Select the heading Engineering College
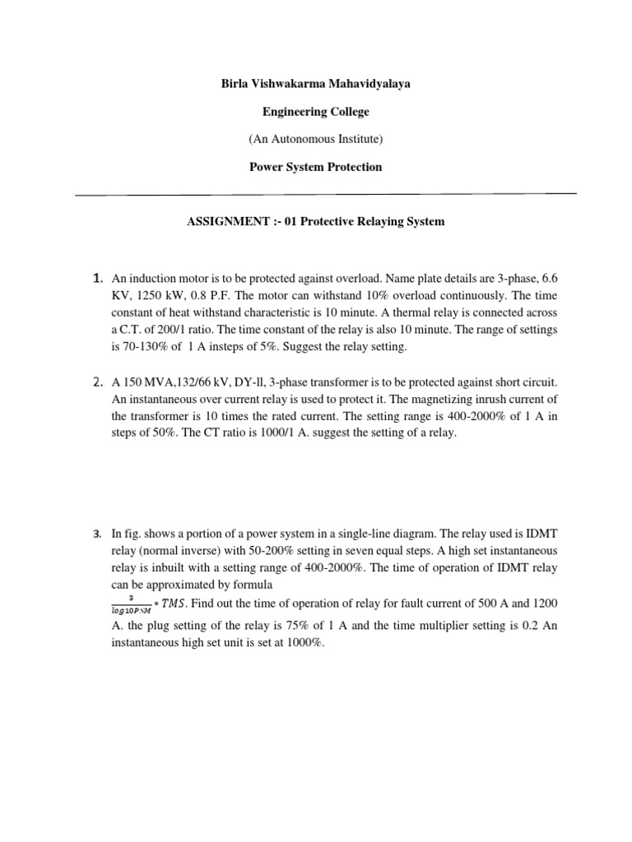[x=315, y=111]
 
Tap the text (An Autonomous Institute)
[x=315, y=139]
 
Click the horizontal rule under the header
[x=325, y=195]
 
